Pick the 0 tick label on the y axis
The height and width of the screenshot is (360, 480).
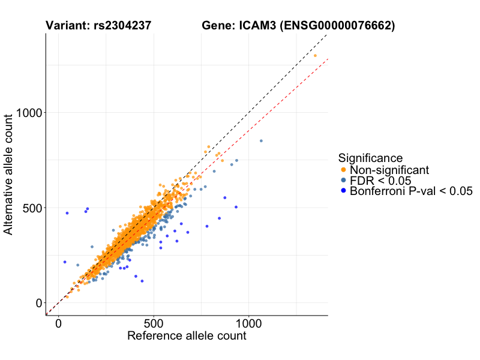tap(38, 303)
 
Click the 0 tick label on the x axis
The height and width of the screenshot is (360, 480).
tap(58, 323)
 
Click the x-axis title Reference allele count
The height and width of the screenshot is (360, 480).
tap(187, 336)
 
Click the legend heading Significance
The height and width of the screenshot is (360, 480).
tap(370, 158)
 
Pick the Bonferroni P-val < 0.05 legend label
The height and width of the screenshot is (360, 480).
tap(411, 191)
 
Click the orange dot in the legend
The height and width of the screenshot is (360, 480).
tap(343, 170)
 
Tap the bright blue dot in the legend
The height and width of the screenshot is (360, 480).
tap(343, 191)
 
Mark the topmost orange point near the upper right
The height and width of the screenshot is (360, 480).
tap(315, 56)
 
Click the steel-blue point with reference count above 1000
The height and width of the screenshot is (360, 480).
tap(261, 141)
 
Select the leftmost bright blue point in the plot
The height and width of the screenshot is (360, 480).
tap(65, 262)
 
